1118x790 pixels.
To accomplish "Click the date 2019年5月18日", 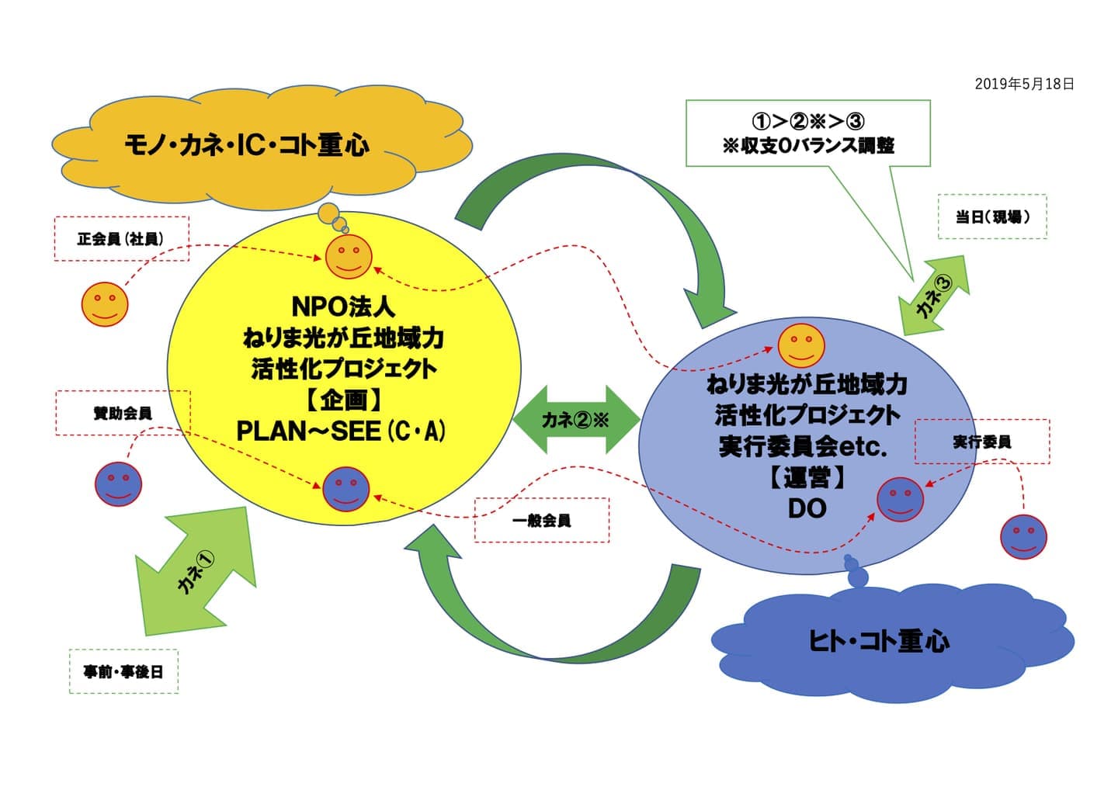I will point(1024,84).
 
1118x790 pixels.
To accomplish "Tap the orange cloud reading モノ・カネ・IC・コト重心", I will point(247,145).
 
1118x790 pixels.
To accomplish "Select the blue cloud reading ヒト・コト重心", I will point(878,641).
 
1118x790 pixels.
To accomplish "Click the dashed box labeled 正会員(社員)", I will point(121,238).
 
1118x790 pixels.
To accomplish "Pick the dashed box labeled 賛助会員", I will point(122,413).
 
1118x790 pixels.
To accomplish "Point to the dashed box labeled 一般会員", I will point(541,520).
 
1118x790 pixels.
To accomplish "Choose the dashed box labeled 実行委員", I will point(981,442).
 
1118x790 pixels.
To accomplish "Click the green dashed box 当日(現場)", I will point(991,217).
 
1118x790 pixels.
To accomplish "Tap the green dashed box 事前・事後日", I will point(123,671).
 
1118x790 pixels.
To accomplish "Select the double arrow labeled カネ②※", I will point(575,420).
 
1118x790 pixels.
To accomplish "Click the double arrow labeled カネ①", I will point(195,571).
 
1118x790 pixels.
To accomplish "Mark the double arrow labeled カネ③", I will point(934,296).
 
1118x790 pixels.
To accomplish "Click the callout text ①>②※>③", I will point(807,121).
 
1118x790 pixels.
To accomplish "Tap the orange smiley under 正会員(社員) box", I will point(105,303).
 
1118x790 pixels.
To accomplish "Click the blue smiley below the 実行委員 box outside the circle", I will point(1023,536).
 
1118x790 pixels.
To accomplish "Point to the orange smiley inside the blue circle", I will point(801,345).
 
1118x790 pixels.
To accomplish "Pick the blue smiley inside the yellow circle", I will point(345,489).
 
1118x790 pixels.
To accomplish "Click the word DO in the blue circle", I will point(807,508).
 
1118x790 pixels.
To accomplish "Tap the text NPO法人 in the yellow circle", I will point(342,307).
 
